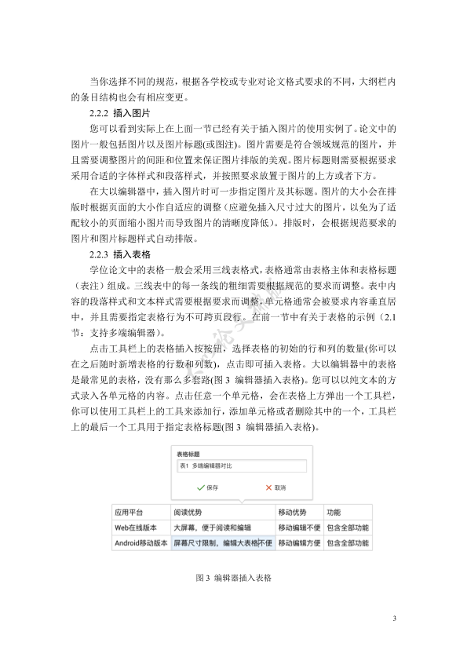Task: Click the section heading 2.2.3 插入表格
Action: point(115,254)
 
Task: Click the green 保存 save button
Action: point(208,488)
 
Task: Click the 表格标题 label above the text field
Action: point(188,454)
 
